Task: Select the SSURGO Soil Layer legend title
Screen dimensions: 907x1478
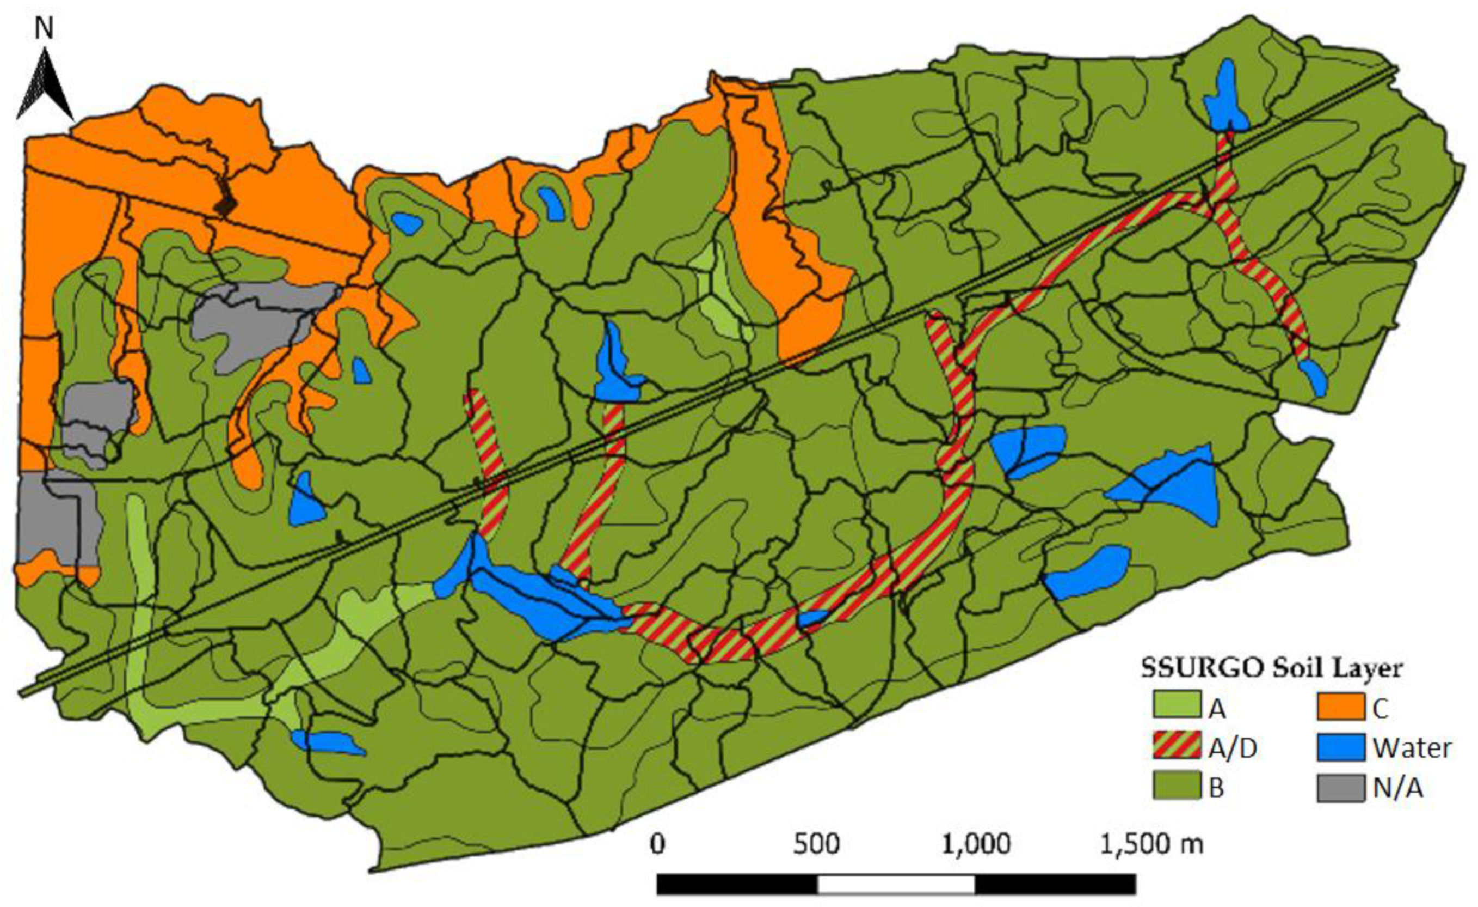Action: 1271,668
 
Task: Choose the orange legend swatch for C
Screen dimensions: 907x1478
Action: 1341,705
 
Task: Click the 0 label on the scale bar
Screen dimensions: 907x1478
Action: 658,844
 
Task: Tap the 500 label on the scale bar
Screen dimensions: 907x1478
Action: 816,844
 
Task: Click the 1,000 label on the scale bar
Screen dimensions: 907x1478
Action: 976,844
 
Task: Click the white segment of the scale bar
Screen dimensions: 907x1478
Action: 896,884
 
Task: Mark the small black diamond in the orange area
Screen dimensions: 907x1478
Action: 226,206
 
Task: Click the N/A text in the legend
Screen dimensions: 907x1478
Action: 1397,788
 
